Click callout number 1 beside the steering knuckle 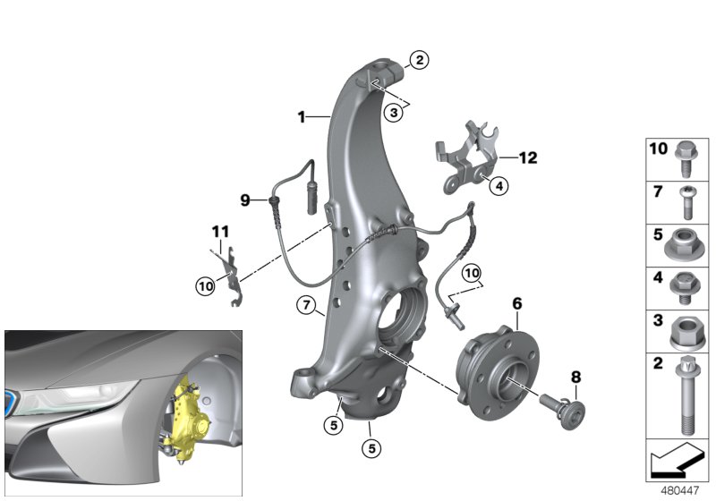pyautogui.click(x=303, y=116)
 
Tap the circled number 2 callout pyautogui.click(x=419, y=61)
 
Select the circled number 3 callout pyautogui.click(x=393, y=112)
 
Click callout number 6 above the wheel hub pyautogui.click(x=516, y=304)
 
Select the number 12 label pyautogui.click(x=528, y=158)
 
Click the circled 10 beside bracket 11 pyautogui.click(x=207, y=285)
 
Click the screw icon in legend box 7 pyautogui.click(x=687, y=201)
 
